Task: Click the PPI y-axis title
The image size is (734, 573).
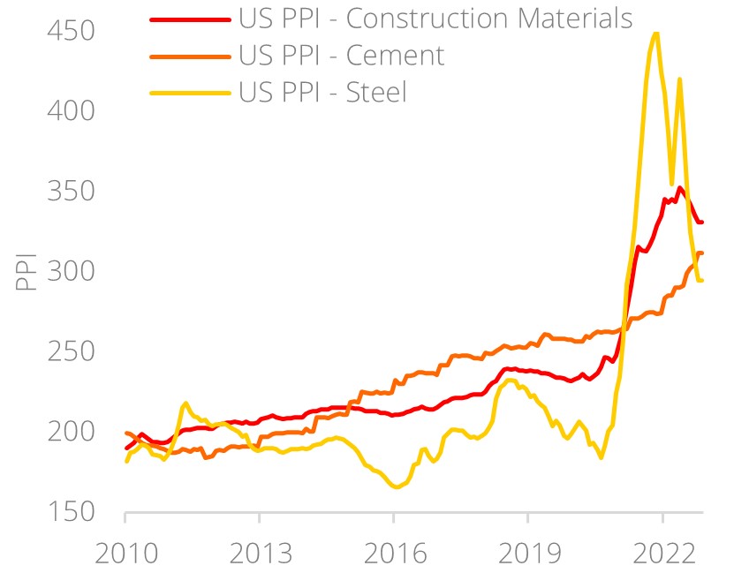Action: (26, 272)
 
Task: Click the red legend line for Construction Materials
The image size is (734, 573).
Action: (191, 18)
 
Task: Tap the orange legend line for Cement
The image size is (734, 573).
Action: (191, 55)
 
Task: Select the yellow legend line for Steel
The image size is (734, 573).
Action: (191, 91)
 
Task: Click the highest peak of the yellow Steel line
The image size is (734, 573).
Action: (655, 34)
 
